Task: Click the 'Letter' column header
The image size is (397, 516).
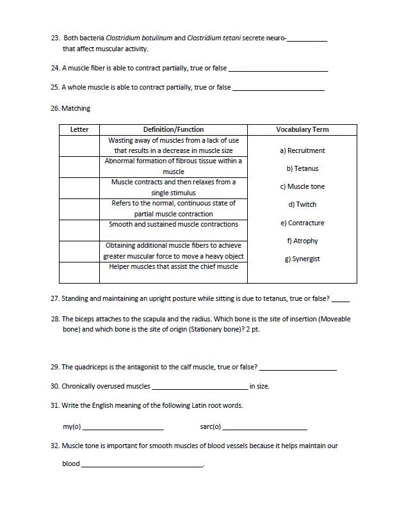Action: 79,129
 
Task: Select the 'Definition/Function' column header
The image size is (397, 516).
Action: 174,129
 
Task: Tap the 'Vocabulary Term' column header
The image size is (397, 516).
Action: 302,129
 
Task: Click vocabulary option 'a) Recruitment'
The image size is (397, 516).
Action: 302,151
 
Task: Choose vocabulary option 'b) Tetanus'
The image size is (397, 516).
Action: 302,169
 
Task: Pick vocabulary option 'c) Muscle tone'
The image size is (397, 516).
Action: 302,187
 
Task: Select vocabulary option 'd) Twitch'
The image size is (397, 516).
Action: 302,205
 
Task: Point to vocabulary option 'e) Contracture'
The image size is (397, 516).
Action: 302,223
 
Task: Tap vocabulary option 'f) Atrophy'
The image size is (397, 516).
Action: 302,241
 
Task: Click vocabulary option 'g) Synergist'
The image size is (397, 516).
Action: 302,259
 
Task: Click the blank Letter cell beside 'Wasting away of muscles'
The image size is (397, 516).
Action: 79,146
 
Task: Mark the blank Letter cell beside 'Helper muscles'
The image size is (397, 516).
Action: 79,272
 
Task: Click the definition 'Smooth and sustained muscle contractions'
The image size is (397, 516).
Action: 174,225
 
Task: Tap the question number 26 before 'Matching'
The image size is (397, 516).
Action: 54,109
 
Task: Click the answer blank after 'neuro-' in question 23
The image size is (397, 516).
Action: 307,38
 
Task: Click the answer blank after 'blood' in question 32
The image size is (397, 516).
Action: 142,464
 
